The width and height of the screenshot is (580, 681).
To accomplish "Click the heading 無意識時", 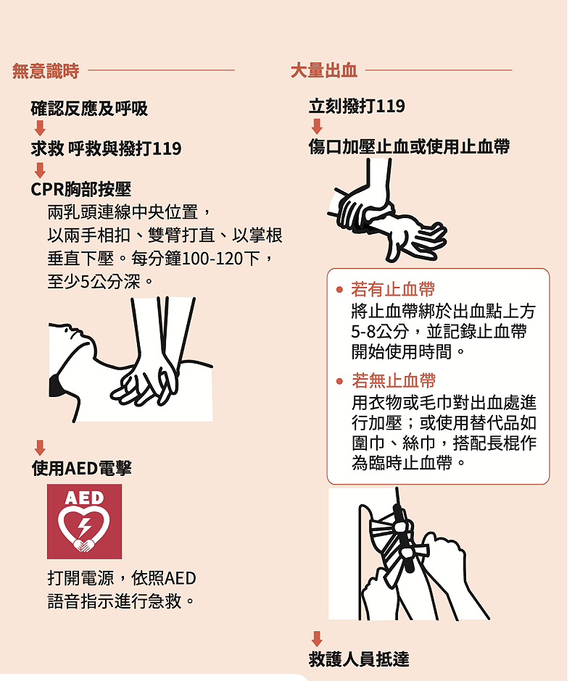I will [45, 71].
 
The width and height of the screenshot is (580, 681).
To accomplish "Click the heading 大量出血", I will [323, 71].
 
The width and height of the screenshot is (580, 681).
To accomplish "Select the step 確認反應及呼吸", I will [89, 109].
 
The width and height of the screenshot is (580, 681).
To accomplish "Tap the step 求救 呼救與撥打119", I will [106, 149].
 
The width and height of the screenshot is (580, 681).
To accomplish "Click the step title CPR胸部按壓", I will [80, 189].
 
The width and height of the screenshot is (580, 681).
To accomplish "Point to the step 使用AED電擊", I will [82, 469].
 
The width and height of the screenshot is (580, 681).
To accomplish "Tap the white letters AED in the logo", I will [84, 498].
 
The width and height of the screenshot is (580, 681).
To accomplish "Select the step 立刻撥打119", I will [357, 106].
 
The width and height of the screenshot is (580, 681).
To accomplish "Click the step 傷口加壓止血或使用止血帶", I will [409, 146].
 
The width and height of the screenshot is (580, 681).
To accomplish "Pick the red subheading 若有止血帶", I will [393, 290].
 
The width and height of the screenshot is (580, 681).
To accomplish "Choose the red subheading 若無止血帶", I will [393, 380].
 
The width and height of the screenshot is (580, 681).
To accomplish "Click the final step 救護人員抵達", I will [359, 659].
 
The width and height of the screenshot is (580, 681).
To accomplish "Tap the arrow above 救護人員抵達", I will [317, 638].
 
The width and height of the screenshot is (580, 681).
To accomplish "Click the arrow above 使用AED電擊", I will [40, 448].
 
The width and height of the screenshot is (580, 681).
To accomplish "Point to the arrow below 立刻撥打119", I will [317, 126].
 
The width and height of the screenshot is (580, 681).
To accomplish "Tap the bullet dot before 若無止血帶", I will [339, 380].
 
